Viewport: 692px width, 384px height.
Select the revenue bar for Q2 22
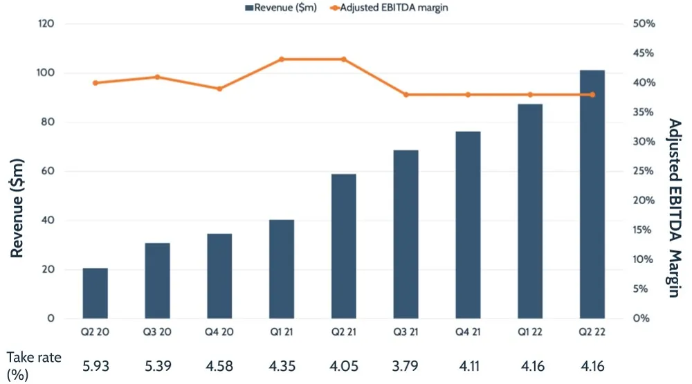(x=592, y=194)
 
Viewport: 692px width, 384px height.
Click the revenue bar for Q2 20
(x=95, y=293)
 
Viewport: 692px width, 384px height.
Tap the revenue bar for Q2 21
(x=343, y=246)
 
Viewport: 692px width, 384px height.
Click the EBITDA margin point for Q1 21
(x=282, y=60)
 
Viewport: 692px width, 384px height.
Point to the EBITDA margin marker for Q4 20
(x=219, y=89)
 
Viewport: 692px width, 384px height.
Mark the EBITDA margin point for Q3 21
(x=406, y=95)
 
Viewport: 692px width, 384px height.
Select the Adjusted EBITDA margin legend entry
(x=395, y=8)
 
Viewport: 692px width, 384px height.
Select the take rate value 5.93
(x=95, y=365)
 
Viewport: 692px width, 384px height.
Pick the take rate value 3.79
(x=406, y=365)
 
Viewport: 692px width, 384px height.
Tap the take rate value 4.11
(x=468, y=365)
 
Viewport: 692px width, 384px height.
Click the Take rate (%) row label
(x=34, y=365)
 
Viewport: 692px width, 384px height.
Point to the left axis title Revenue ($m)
(x=19, y=208)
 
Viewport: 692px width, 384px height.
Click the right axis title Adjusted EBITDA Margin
(x=675, y=208)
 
